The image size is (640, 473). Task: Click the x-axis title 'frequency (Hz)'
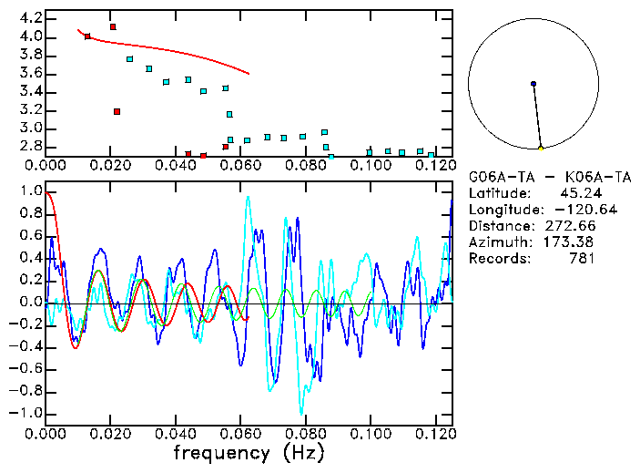tap(251, 453)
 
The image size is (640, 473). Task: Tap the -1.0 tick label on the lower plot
tap(27, 413)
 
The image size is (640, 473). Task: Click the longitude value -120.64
tap(567, 209)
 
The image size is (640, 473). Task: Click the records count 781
tap(582, 258)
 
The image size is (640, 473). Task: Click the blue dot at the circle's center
tap(533, 84)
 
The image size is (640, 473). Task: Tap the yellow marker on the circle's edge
tap(541, 148)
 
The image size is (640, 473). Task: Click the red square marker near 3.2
tap(117, 111)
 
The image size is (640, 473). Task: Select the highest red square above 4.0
tap(113, 27)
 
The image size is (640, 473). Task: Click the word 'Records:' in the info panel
tap(497, 258)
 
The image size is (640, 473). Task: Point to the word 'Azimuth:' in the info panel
tap(497, 242)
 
